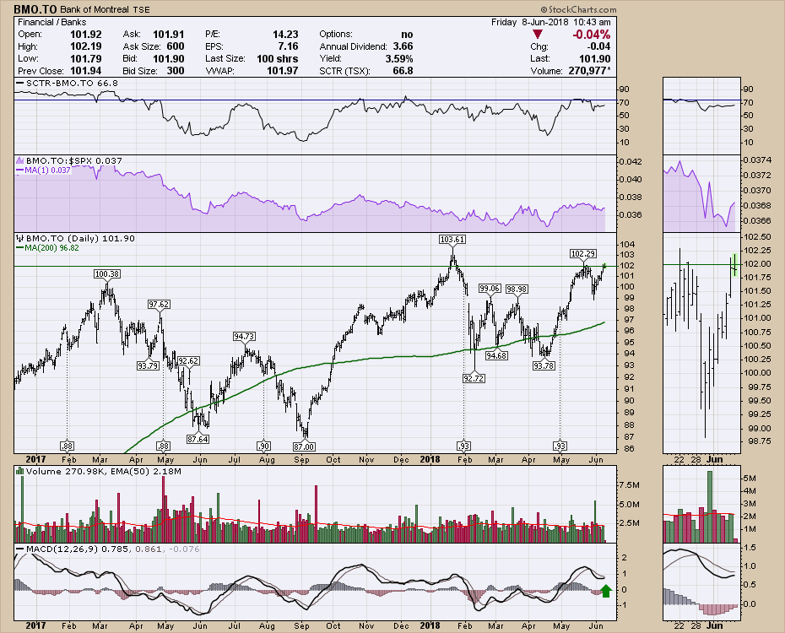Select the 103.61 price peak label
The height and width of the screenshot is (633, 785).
452,240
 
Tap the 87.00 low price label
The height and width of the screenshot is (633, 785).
303,446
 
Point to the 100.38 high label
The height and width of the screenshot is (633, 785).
106,273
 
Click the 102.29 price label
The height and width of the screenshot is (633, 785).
583,253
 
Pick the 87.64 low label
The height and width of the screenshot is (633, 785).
198,438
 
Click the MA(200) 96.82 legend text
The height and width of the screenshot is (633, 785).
54,247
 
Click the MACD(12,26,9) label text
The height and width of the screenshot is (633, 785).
51,550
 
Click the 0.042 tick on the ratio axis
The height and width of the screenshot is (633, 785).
631,161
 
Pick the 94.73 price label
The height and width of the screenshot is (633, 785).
244,337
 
